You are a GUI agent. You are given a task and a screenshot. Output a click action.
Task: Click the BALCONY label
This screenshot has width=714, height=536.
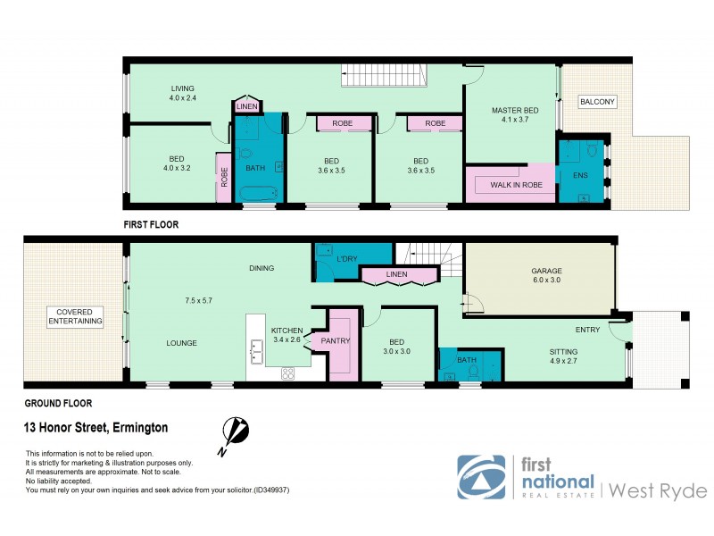coord(596,102)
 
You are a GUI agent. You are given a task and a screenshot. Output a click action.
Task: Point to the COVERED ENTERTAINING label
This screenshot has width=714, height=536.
coord(75,316)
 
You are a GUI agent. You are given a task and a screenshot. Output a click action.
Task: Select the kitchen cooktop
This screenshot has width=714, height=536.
coord(288,373)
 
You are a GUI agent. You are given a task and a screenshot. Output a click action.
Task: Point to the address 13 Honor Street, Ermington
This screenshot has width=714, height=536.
coord(95,428)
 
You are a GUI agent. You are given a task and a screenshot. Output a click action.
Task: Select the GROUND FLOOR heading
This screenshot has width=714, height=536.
coord(58,403)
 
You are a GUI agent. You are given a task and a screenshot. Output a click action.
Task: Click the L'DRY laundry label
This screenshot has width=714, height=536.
coord(346,259)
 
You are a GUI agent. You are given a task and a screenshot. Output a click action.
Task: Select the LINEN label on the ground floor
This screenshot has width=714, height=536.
coord(398,274)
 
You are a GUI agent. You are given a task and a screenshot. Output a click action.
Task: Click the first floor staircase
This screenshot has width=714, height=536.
coord(385,77)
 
